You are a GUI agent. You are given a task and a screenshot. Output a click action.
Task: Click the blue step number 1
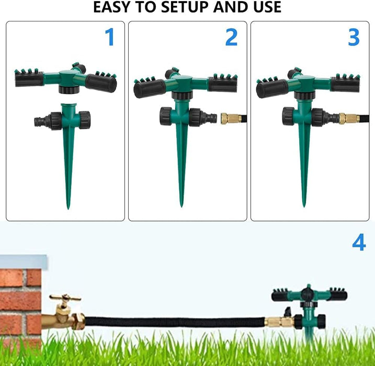110,37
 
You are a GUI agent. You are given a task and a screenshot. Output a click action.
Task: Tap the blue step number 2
232,37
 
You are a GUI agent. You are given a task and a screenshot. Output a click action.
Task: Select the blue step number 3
354,37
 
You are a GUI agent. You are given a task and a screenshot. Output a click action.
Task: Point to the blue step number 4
359,242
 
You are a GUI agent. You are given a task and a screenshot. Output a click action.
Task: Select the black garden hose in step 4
175,322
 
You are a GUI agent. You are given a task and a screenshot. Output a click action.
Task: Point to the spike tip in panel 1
68,209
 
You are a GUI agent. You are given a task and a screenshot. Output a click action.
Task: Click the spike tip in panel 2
181,206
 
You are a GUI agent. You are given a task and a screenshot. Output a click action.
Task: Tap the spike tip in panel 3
304,206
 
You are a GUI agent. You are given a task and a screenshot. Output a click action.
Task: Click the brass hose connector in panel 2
228,118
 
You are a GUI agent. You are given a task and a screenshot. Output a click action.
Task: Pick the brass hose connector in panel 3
349,118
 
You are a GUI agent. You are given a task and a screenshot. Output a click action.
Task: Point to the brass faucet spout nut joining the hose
78,321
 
